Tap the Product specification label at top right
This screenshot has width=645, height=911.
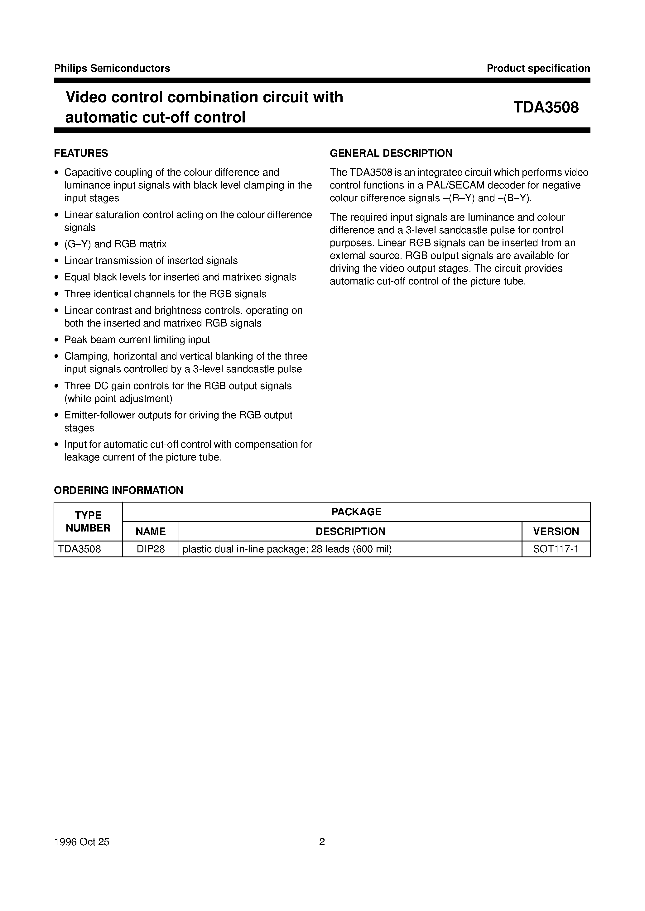538,68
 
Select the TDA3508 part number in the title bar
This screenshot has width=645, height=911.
546,107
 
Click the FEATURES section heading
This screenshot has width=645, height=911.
81,153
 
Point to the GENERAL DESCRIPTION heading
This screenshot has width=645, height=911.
391,153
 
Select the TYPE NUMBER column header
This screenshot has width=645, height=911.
88,522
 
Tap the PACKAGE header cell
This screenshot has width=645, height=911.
356,512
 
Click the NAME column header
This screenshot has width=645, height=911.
151,532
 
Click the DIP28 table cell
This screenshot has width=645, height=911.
151,549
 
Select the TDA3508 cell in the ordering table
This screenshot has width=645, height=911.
79,549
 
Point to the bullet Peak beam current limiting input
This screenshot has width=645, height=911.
137,340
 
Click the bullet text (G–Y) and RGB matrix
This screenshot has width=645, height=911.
115,244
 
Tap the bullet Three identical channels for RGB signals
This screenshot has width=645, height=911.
165,294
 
